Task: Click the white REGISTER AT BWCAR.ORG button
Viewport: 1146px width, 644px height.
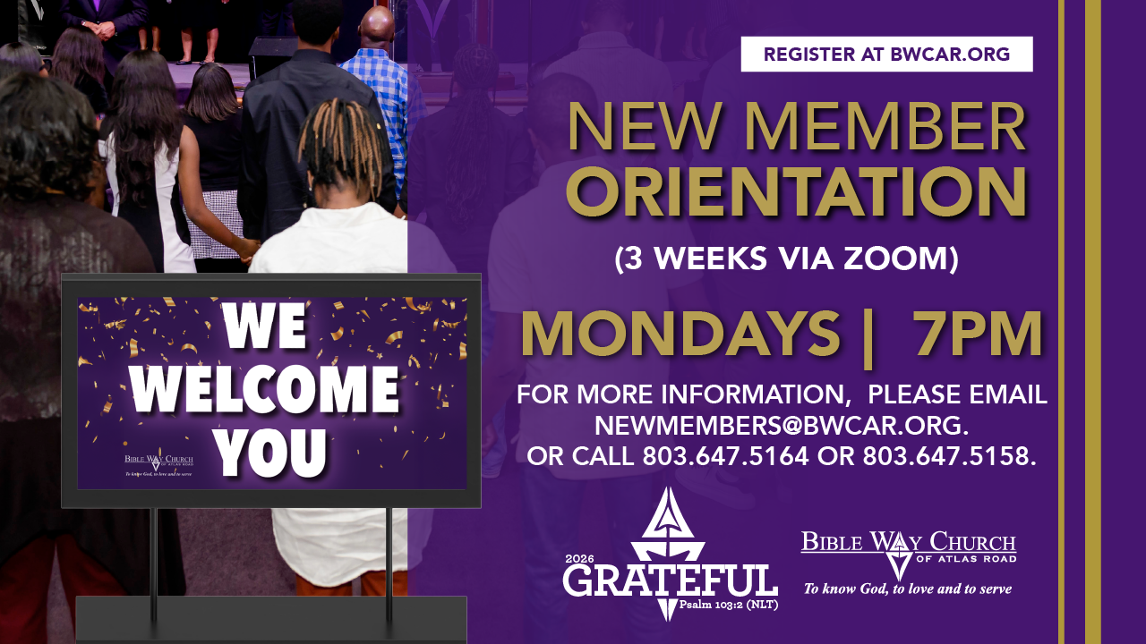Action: coord(886,55)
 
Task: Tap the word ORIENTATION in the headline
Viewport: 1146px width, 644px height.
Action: coord(796,191)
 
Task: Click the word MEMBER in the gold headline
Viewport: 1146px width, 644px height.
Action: coord(889,127)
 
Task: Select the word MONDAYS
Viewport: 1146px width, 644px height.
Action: coord(680,334)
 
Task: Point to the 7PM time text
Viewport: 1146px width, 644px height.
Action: coord(979,334)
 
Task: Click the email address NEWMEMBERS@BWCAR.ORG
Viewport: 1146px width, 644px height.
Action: coord(782,425)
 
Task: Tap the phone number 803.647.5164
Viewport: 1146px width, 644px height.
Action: coord(725,456)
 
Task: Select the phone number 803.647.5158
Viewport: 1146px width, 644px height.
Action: coord(949,456)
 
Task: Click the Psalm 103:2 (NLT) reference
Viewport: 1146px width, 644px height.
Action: coord(729,606)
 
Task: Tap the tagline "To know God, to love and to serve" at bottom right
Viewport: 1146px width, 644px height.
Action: coord(908,589)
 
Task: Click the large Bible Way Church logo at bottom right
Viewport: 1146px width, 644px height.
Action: coord(909,555)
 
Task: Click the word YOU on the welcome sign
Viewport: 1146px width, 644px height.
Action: coord(270,453)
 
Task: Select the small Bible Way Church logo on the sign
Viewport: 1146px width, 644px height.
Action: coord(158,464)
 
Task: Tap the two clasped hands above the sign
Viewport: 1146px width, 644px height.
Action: coord(249,249)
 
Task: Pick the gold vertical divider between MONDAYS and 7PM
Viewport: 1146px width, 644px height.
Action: coord(868,338)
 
